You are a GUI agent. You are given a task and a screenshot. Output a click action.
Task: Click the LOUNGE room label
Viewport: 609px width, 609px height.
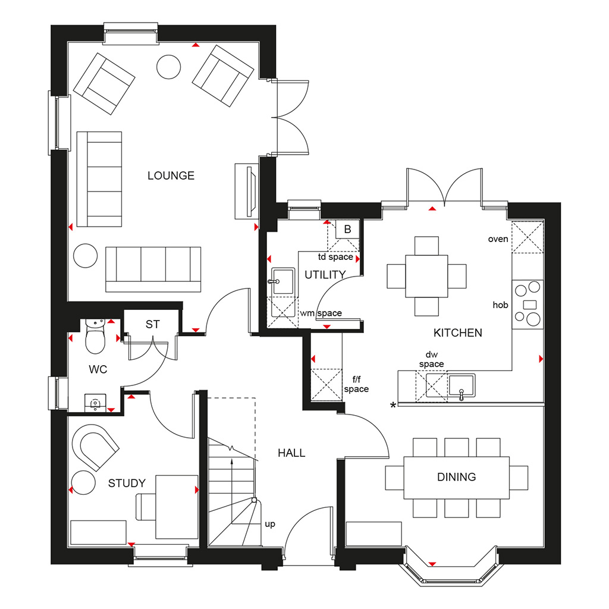[x=171, y=175]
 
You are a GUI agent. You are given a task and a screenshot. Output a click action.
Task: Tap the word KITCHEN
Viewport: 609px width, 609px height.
[x=457, y=333]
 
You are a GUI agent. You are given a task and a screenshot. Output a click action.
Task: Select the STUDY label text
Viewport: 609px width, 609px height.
[x=127, y=483]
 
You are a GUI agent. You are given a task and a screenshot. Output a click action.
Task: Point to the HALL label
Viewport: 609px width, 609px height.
[x=291, y=453]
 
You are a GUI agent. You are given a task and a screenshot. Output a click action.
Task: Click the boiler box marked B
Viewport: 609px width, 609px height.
[x=347, y=230]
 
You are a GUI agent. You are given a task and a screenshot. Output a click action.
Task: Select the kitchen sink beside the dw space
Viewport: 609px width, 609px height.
[x=462, y=385]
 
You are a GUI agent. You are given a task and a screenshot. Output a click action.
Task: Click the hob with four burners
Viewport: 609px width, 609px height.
[x=528, y=304]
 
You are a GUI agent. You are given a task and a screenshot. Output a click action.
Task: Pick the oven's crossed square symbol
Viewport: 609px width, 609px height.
[x=528, y=237]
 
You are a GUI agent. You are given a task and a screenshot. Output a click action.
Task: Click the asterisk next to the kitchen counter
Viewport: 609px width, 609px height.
[x=393, y=406]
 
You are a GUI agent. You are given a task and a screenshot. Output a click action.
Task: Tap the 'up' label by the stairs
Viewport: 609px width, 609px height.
[x=270, y=525]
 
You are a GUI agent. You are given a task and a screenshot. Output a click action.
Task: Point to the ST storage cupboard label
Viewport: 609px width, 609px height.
[x=153, y=324]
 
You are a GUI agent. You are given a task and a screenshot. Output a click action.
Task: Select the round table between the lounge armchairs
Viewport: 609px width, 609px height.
[x=168, y=67]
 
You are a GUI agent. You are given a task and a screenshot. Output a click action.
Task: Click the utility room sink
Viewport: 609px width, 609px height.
[x=282, y=281]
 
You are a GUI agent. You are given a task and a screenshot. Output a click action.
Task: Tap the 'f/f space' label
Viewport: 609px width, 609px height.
[x=356, y=384]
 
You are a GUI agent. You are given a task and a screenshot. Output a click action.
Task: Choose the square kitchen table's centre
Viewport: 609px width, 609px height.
[x=426, y=276]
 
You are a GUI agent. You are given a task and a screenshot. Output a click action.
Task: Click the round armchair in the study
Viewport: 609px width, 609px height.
[x=95, y=447]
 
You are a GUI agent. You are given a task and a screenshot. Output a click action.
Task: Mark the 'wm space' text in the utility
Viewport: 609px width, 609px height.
[x=321, y=313]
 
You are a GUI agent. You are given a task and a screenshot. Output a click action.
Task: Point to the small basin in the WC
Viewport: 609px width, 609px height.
[x=95, y=403]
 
